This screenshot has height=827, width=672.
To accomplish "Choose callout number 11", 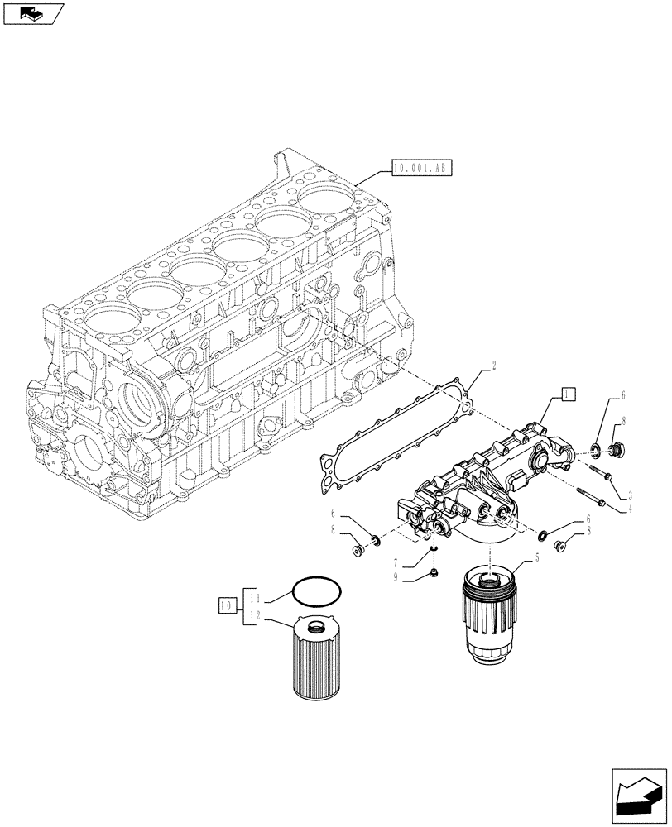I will tap(256, 597).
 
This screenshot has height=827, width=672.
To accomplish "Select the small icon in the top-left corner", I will tap(31, 13).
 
